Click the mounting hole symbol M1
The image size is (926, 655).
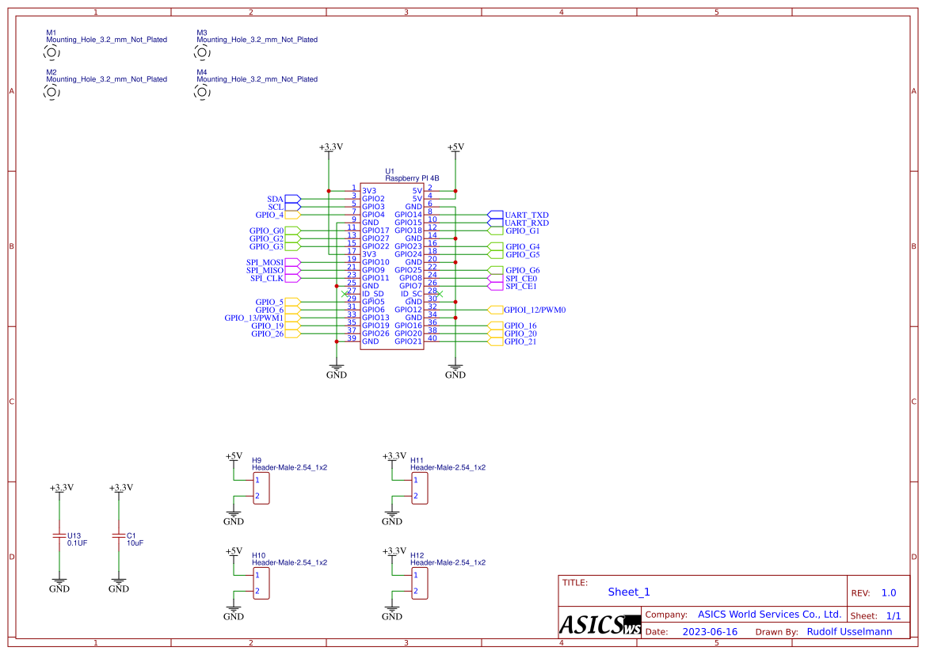(51, 52)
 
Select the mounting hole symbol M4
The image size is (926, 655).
(202, 92)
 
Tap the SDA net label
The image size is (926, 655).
(275, 199)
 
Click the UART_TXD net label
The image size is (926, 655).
(527, 215)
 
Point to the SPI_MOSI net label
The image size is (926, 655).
(265, 262)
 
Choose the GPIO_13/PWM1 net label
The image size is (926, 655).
(253, 318)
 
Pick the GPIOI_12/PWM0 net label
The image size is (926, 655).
(535, 310)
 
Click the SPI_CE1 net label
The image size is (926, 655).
(521, 286)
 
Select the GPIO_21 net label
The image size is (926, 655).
(520, 341)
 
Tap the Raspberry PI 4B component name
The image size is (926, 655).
(412, 178)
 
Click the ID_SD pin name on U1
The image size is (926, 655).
(373, 294)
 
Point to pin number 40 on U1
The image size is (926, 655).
(432, 338)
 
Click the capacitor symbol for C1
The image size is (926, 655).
(119, 536)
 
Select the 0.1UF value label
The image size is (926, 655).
(78, 543)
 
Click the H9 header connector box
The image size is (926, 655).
(261, 489)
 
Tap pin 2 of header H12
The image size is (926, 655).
(415, 592)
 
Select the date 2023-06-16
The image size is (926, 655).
(710, 632)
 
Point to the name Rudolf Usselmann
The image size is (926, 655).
(849, 632)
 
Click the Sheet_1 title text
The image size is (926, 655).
(629, 592)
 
